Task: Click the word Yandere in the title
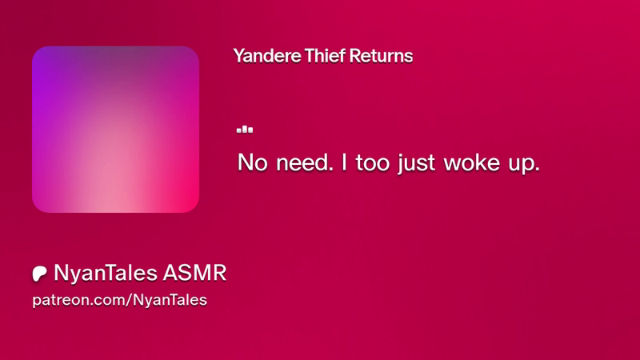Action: click(267, 56)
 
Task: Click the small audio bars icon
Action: click(245, 130)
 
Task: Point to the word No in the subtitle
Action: click(253, 162)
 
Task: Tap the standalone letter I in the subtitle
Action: click(344, 162)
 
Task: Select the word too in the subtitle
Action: click(373, 163)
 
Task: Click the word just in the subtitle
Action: click(416, 163)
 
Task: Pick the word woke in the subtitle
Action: click(472, 162)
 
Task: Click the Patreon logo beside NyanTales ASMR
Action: click(39, 274)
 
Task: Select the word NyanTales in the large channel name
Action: click(106, 273)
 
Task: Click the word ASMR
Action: click(194, 273)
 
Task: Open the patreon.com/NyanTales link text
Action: click(119, 300)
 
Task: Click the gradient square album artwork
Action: click(115, 130)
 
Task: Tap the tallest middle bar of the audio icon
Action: click(245, 129)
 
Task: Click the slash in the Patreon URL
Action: click(128, 300)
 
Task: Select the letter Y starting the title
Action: click(238, 55)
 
